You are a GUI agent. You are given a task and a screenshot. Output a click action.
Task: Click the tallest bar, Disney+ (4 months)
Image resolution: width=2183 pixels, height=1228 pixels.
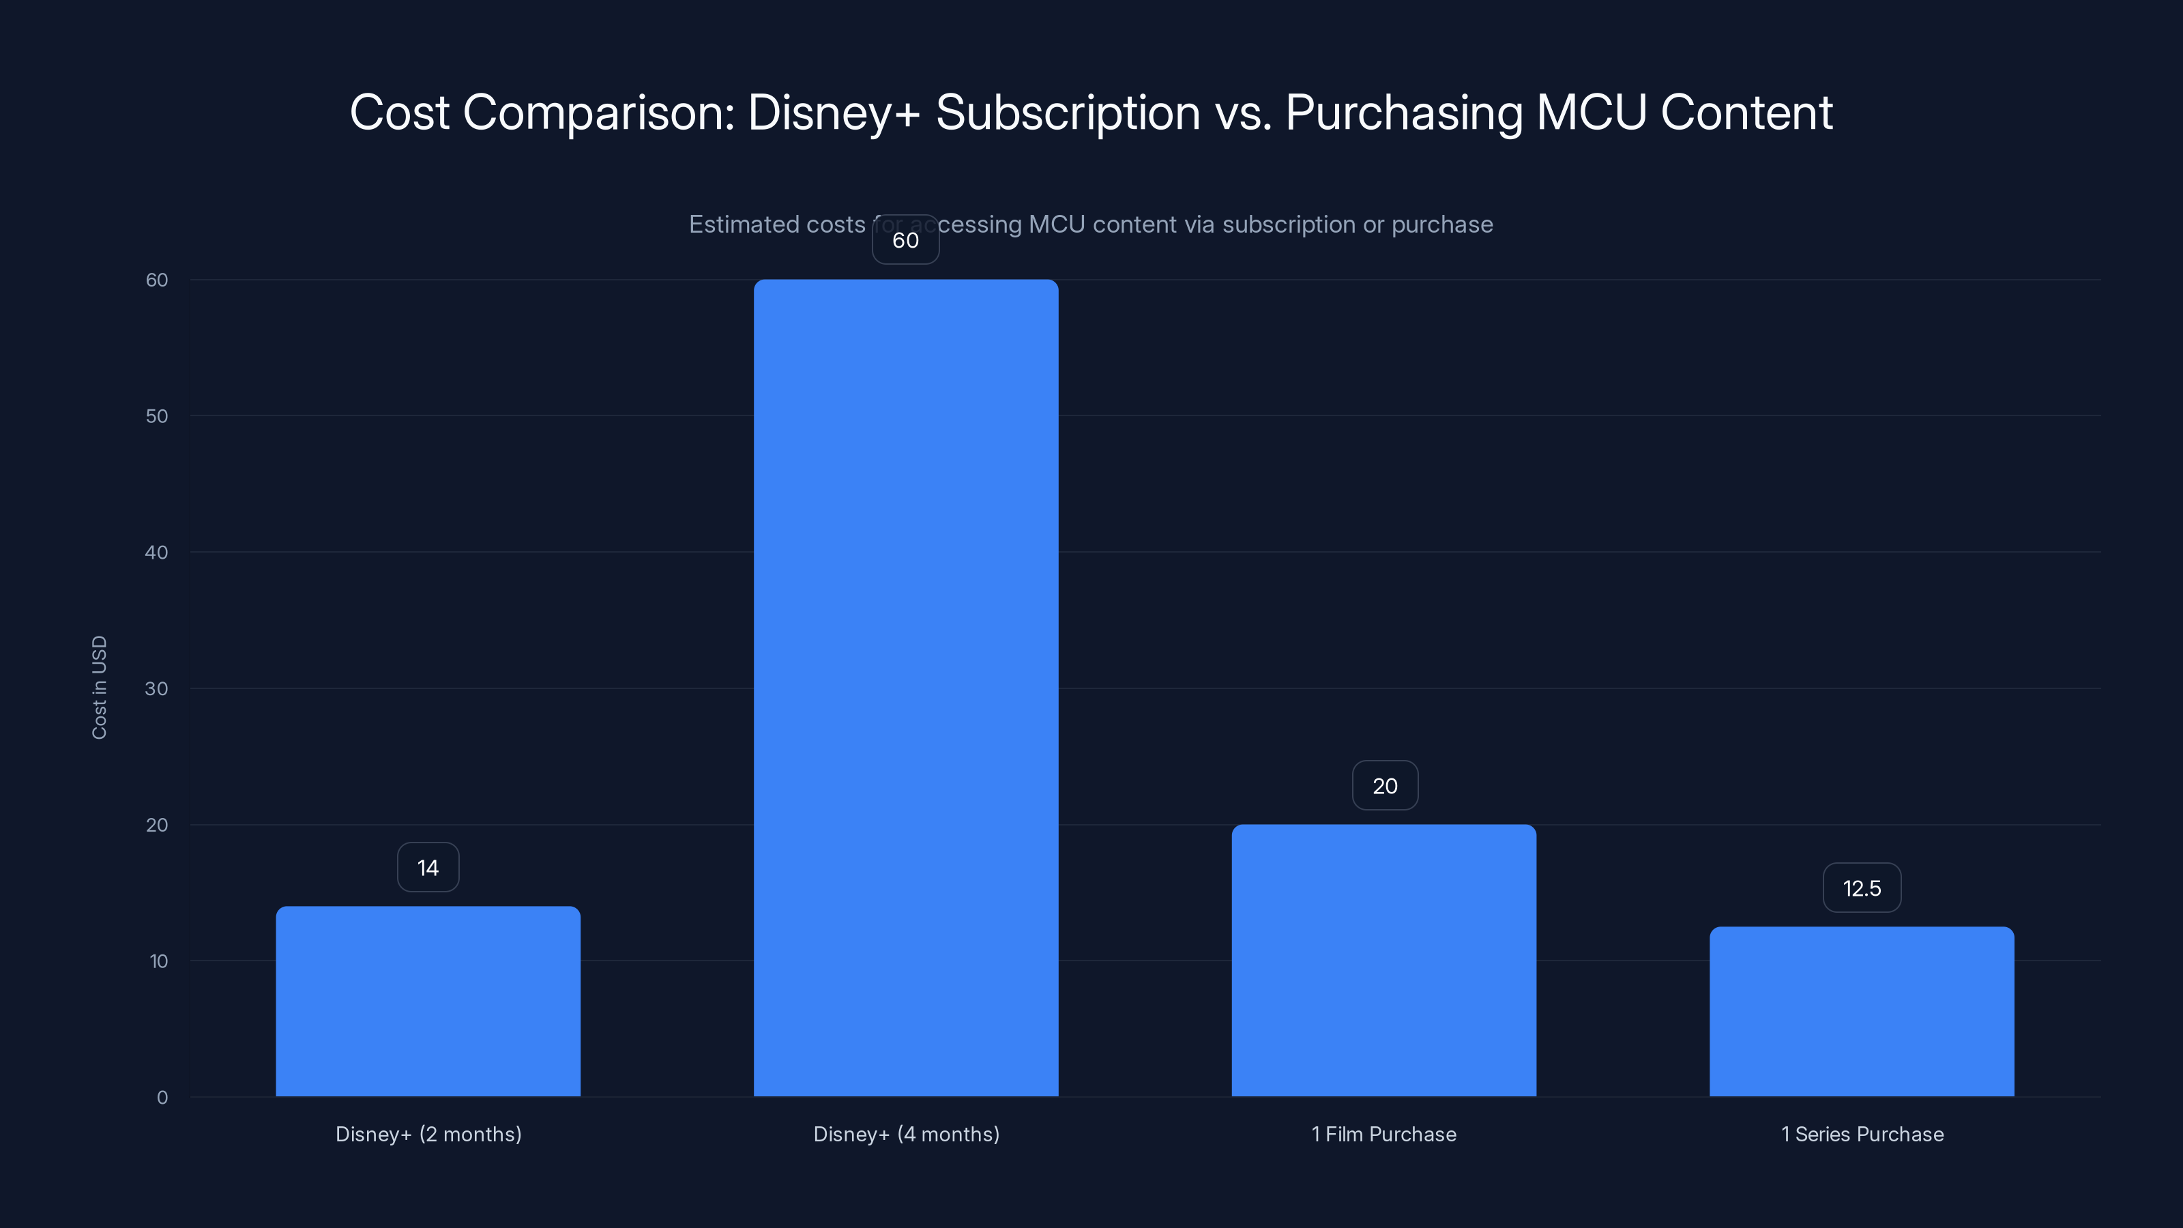[x=906, y=687]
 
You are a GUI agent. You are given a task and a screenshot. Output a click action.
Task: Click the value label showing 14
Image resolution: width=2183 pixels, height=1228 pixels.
[x=428, y=867]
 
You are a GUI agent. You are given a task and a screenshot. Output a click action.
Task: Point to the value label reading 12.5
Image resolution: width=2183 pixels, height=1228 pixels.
[x=1862, y=888]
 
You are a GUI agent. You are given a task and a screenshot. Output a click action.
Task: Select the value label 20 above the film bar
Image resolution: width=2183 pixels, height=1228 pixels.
[x=1385, y=786]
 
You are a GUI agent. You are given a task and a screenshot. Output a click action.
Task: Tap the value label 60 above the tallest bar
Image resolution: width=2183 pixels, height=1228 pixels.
[x=906, y=240]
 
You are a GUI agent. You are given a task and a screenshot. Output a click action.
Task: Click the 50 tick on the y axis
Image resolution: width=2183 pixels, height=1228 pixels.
[x=157, y=416]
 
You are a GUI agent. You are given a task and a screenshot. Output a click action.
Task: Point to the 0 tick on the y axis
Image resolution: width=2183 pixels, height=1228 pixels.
[x=162, y=1098]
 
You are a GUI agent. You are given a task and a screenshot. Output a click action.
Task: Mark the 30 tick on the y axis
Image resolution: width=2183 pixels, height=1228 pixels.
[x=157, y=688]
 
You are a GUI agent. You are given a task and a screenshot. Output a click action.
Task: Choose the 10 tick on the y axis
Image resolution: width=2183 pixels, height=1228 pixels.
[x=158, y=961]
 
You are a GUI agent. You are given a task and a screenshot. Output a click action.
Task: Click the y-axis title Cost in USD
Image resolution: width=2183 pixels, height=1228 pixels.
[x=99, y=687]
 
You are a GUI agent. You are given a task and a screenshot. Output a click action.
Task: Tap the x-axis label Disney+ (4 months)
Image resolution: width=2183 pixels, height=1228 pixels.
[x=906, y=1134]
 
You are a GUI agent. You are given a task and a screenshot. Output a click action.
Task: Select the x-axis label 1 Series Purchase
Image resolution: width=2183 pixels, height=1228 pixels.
[x=1862, y=1134]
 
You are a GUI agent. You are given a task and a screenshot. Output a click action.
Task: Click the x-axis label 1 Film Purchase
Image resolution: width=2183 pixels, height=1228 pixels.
[x=1384, y=1134]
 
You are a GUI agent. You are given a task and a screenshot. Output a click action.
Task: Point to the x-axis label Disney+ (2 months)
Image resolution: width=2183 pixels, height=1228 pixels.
[x=428, y=1134]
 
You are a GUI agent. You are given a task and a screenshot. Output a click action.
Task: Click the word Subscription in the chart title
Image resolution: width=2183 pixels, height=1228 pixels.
[x=1068, y=113]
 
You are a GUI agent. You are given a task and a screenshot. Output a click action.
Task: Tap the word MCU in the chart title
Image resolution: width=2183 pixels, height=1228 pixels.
[x=1591, y=112]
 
